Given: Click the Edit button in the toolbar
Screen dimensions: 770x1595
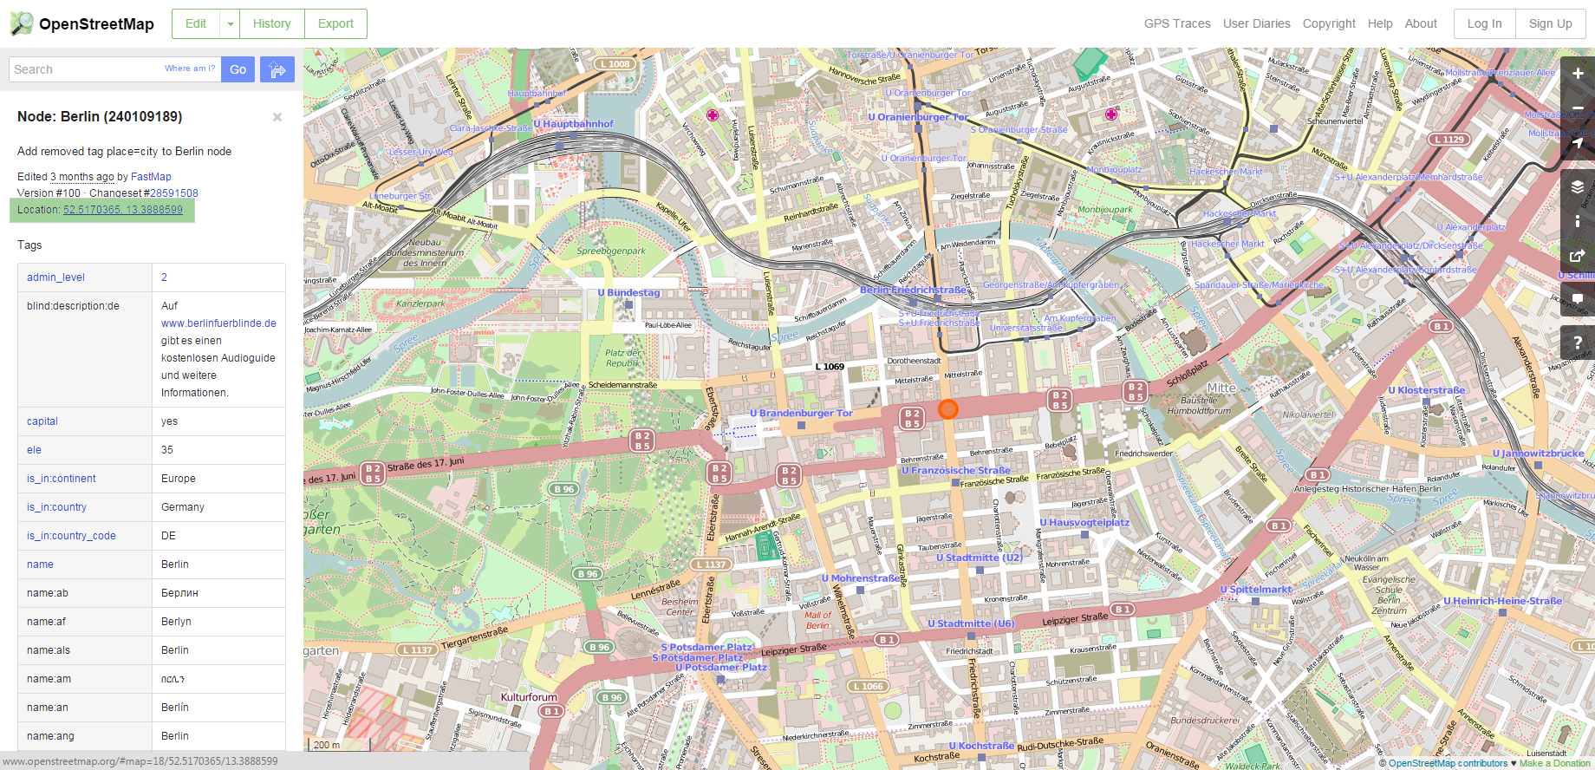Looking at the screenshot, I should coord(196,23).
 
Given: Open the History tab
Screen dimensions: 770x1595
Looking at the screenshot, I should coord(271,23).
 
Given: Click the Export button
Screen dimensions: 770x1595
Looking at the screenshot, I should coord(335,23).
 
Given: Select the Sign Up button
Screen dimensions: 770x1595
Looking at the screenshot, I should coord(1550,23).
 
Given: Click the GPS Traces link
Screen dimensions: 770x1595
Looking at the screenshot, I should coord(1176,23).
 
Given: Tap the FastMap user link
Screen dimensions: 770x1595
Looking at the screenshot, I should coord(151,176).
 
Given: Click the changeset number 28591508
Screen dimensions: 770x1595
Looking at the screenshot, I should coord(173,193).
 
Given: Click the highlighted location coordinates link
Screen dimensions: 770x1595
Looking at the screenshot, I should coord(122,210).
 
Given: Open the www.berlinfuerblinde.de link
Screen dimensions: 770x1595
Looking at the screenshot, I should coord(218,323).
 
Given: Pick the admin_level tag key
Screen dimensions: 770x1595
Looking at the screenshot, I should coord(55,277).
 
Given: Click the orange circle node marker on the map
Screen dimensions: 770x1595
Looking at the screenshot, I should coord(947,409).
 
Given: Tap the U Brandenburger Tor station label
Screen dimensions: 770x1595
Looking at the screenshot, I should coord(801,414).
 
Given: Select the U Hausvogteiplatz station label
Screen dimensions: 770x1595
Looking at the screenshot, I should coord(1084,523).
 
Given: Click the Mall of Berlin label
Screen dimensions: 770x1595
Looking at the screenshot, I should coord(817,620).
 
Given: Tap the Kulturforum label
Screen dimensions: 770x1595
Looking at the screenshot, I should coord(529,697).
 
